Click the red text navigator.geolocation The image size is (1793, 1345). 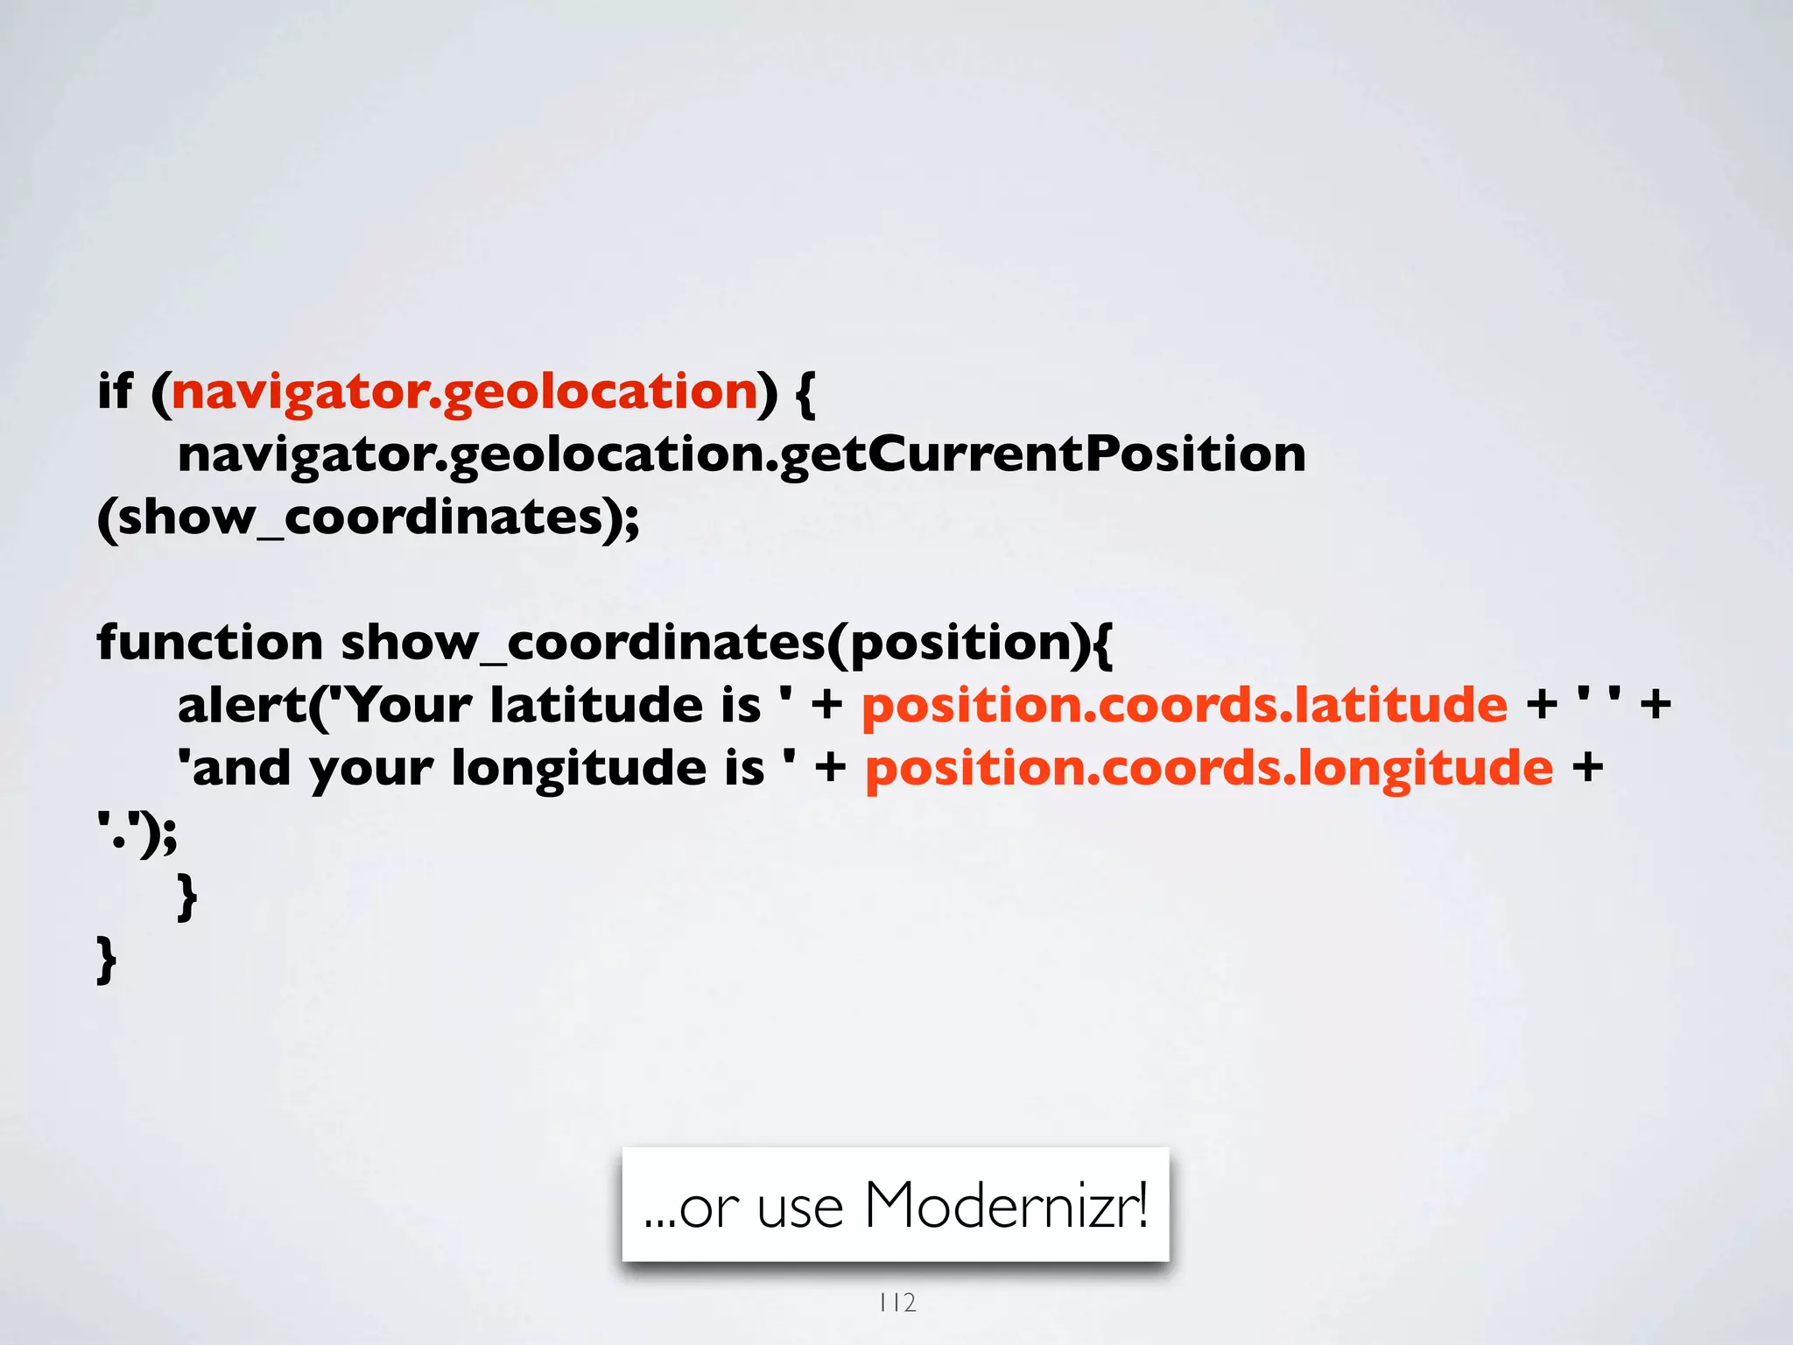tap(464, 391)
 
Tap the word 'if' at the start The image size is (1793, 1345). tap(115, 391)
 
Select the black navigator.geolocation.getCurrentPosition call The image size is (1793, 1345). tap(741, 454)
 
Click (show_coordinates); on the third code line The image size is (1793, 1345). tap(369, 518)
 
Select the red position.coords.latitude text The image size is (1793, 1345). tap(1185, 705)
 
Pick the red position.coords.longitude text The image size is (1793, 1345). tap(1209, 768)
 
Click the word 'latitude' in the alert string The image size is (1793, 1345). tap(596, 705)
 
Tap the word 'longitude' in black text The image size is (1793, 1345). tap(578, 769)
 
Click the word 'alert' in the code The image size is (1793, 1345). tap(242, 705)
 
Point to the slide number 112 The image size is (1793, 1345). tap(897, 1303)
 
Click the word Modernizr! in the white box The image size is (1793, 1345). tap(1006, 1206)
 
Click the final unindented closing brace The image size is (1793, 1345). tap(106, 961)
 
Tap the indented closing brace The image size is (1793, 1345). tap(186, 898)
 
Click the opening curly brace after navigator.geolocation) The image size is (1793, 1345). tap(805, 392)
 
